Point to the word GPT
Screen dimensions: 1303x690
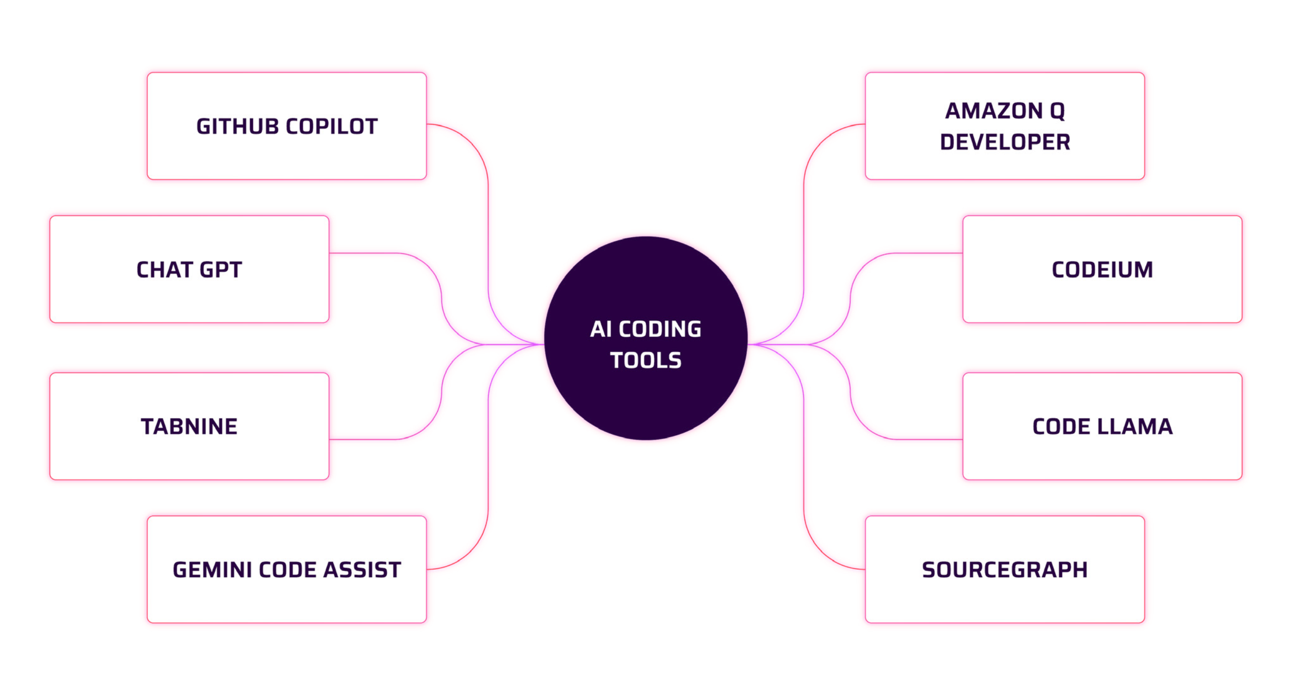click(x=221, y=270)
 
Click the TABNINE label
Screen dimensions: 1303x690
click(x=189, y=427)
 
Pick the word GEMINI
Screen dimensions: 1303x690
click(x=212, y=570)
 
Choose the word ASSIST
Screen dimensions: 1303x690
click(x=362, y=570)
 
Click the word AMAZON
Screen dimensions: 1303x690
click(x=994, y=111)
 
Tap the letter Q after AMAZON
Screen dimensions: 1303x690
click(x=1058, y=111)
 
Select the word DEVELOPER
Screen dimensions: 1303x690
click(x=1005, y=142)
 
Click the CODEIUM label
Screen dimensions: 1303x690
click(x=1102, y=270)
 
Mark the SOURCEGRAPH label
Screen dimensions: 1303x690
click(x=1004, y=570)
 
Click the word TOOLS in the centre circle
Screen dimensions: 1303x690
click(x=646, y=361)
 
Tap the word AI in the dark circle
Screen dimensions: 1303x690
click(x=601, y=329)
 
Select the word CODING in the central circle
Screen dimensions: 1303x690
click(x=660, y=329)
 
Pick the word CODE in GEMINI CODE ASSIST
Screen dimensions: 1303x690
click(x=287, y=570)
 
